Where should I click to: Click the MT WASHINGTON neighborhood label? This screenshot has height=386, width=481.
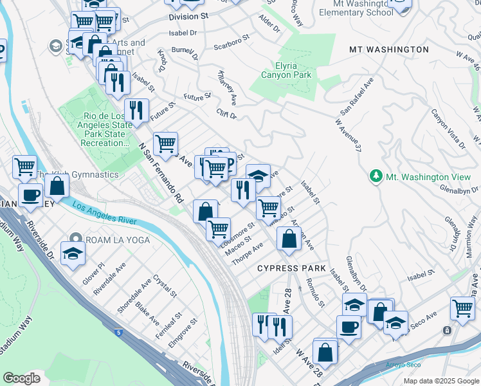(388, 50)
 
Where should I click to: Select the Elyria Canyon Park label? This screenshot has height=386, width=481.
(286, 70)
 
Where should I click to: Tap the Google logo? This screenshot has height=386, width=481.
(21, 378)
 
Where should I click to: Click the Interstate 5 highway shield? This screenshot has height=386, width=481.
(118, 332)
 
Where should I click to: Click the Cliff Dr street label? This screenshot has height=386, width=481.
(227, 113)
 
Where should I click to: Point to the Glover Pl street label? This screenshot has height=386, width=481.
(94, 273)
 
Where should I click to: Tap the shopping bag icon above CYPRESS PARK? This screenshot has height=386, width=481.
(289, 239)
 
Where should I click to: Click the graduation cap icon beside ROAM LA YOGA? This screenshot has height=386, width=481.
(73, 253)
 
